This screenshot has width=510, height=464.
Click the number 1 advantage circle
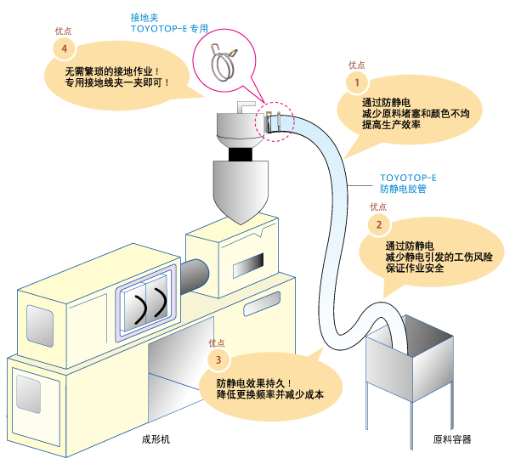pos(357,82)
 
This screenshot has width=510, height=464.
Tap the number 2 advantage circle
pos(379,224)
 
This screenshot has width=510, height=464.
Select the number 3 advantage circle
pos(218,359)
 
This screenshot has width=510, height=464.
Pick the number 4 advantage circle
pos(65,48)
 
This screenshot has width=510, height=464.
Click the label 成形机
pos(156,439)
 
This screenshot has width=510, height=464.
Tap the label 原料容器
pos(452,439)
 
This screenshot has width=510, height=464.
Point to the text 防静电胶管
pos(403,189)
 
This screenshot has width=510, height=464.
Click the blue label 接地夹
pos(144,17)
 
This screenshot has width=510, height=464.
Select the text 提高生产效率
pos(391,125)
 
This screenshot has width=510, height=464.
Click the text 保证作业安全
pos(415,268)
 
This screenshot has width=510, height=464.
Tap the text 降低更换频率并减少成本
pos(270,394)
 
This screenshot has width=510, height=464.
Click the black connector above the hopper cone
pos(241,154)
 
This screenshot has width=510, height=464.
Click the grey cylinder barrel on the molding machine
pos(194,276)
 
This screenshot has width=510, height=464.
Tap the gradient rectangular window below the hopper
pos(248,266)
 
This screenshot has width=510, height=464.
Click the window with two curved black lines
pos(145,303)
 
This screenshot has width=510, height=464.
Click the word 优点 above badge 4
pos(63,31)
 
